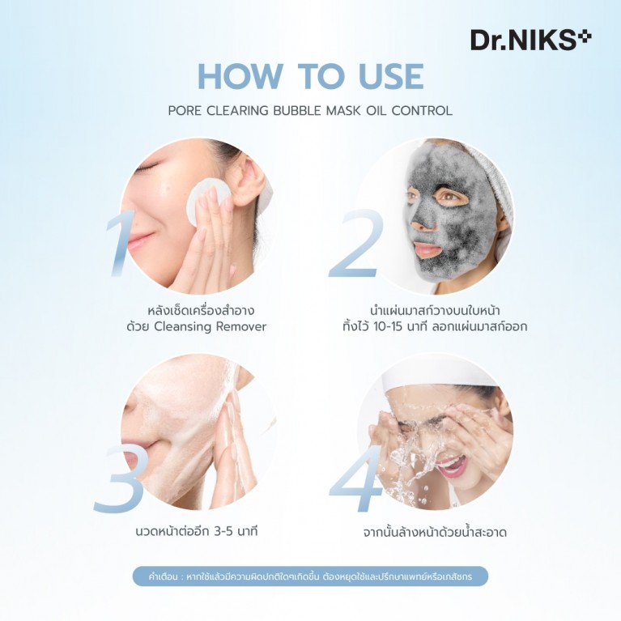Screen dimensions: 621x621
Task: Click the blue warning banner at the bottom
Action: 310,576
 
